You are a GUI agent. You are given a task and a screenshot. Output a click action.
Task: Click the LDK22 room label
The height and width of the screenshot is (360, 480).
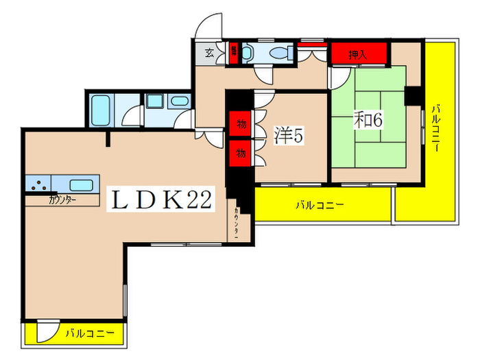(160, 200)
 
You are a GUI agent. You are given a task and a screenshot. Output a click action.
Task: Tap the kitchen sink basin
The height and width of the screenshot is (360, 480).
(81, 184)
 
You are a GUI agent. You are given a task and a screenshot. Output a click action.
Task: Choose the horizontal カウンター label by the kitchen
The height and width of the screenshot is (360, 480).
(62, 200)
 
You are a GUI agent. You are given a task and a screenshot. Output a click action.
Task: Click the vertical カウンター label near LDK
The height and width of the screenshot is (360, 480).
(236, 222)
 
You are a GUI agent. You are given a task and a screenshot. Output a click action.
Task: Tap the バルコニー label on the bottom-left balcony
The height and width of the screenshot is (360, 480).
(84, 334)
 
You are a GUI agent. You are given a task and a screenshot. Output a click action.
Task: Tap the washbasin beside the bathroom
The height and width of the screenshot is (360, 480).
(178, 103)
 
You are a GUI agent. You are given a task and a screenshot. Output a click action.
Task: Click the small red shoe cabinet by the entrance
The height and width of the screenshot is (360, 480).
(233, 53)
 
